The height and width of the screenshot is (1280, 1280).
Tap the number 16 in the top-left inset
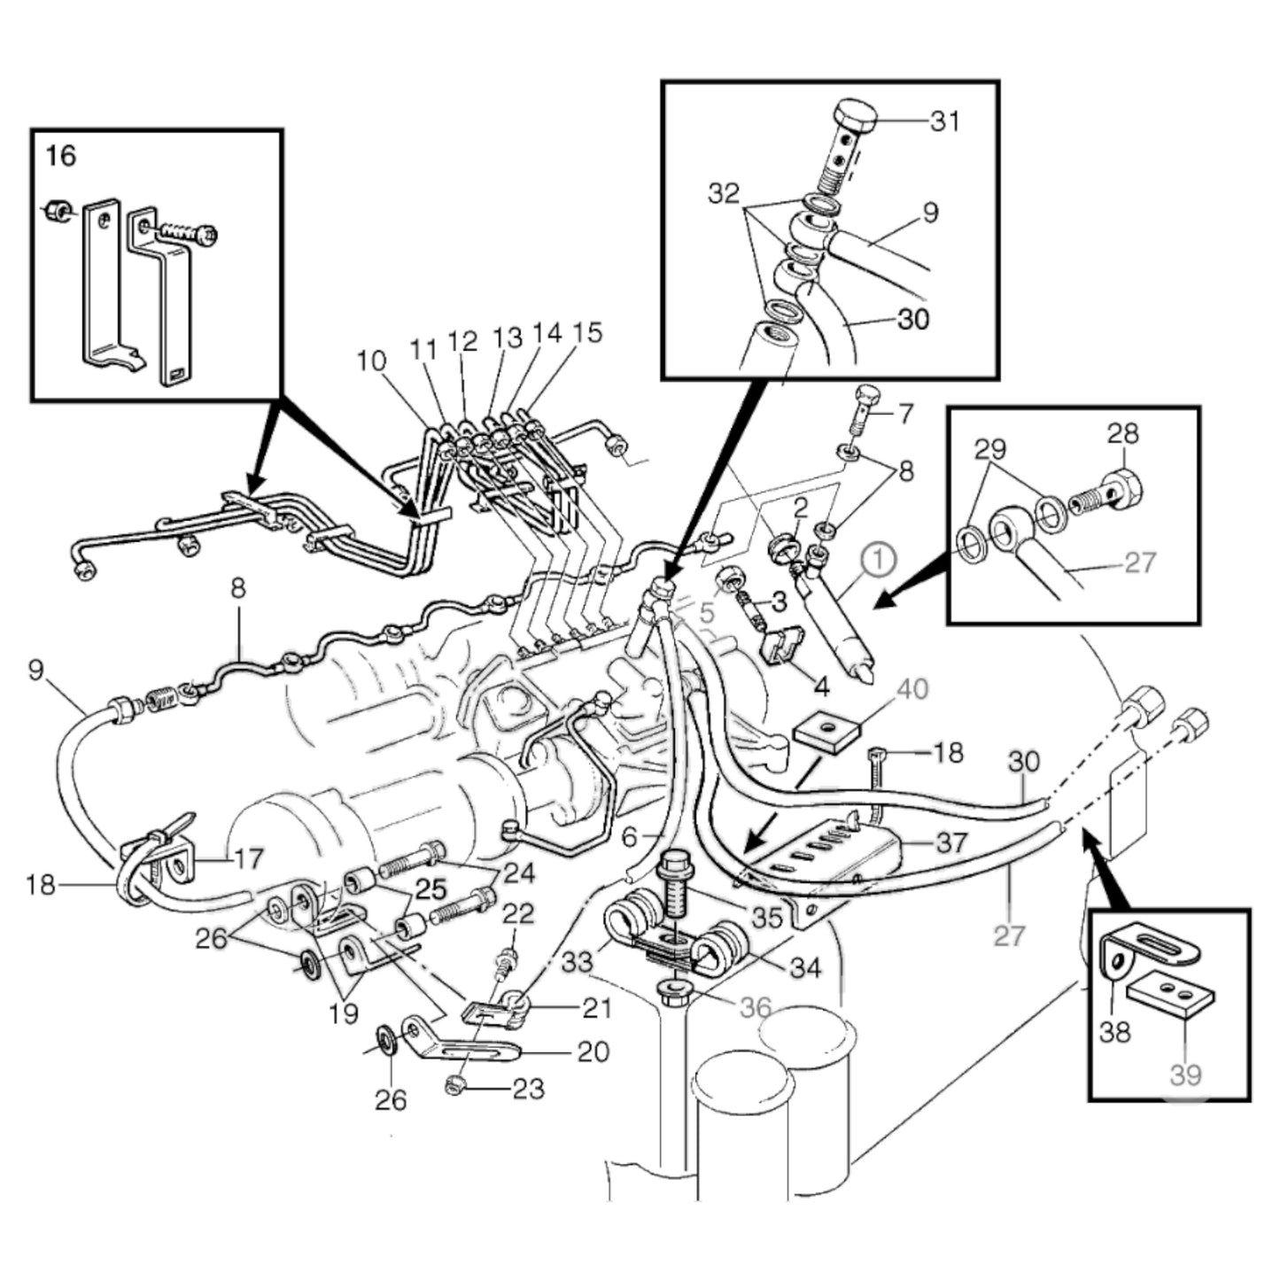pos(61,157)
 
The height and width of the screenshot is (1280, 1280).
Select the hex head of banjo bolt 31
pos(855,114)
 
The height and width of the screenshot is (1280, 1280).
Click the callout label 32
pos(724,193)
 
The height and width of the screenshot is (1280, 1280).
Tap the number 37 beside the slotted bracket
pos(950,841)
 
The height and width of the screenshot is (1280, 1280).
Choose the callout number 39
pos(1185,1074)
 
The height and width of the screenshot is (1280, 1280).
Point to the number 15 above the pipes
pos(586,333)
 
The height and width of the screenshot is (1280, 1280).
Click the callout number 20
pos(593,1051)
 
